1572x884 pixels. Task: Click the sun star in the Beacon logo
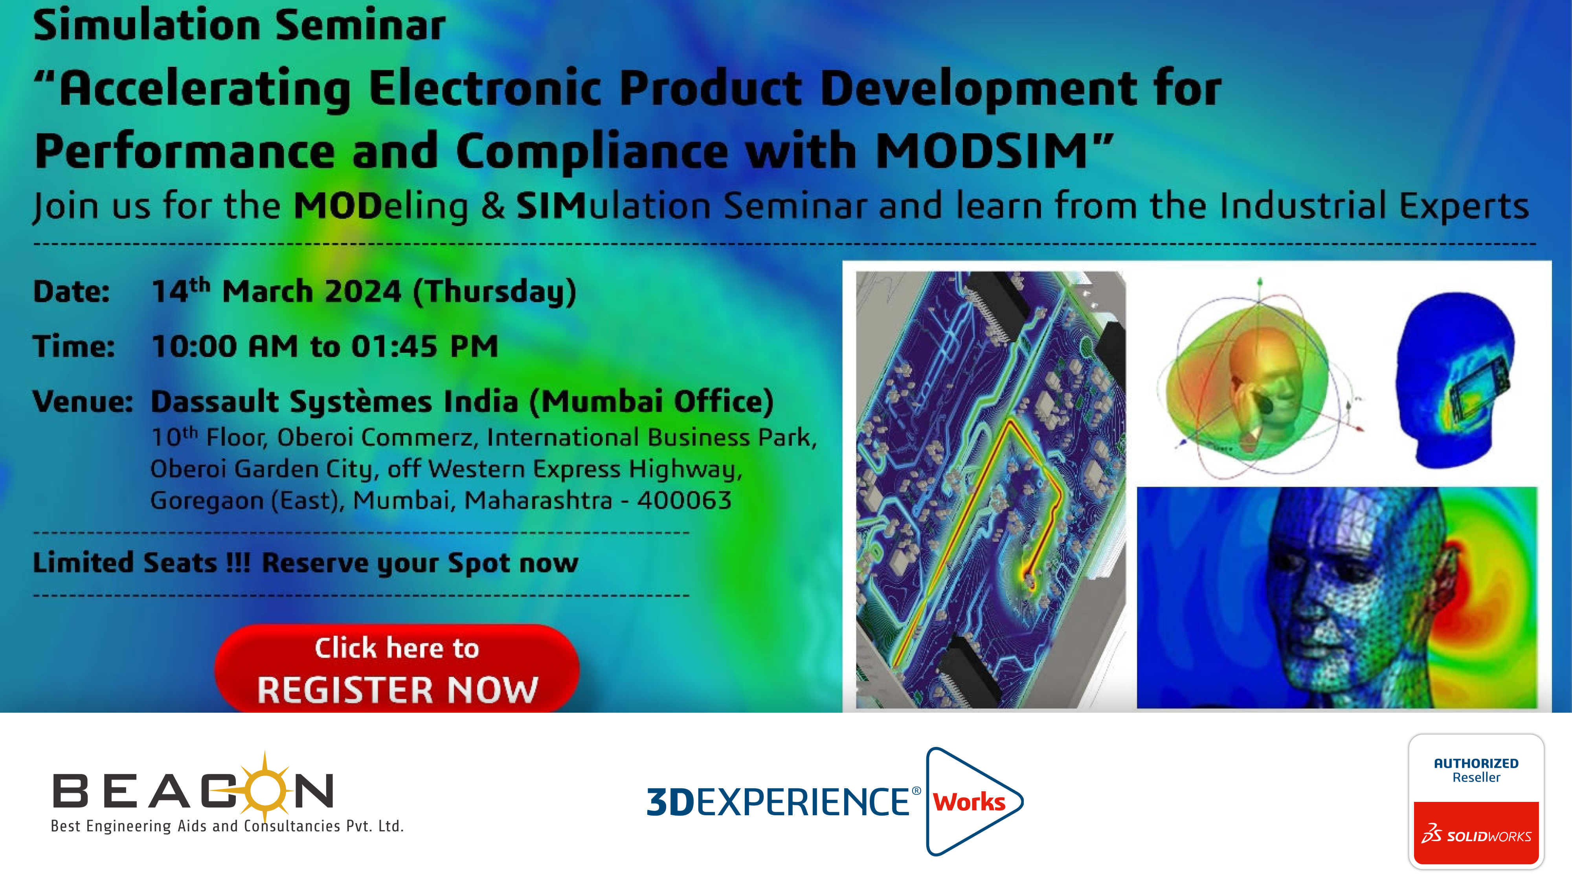pyautogui.click(x=265, y=787)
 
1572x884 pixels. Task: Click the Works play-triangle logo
pyautogui.click(x=974, y=801)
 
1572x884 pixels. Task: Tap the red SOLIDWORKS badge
pyautogui.click(x=1476, y=833)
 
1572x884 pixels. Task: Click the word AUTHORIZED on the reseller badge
pyautogui.click(x=1476, y=763)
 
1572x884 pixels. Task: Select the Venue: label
pyautogui.click(x=83, y=402)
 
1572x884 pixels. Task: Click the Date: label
pyautogui.click(x=72, y=292)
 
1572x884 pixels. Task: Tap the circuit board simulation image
pyautogui.click(x=990, y=490)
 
